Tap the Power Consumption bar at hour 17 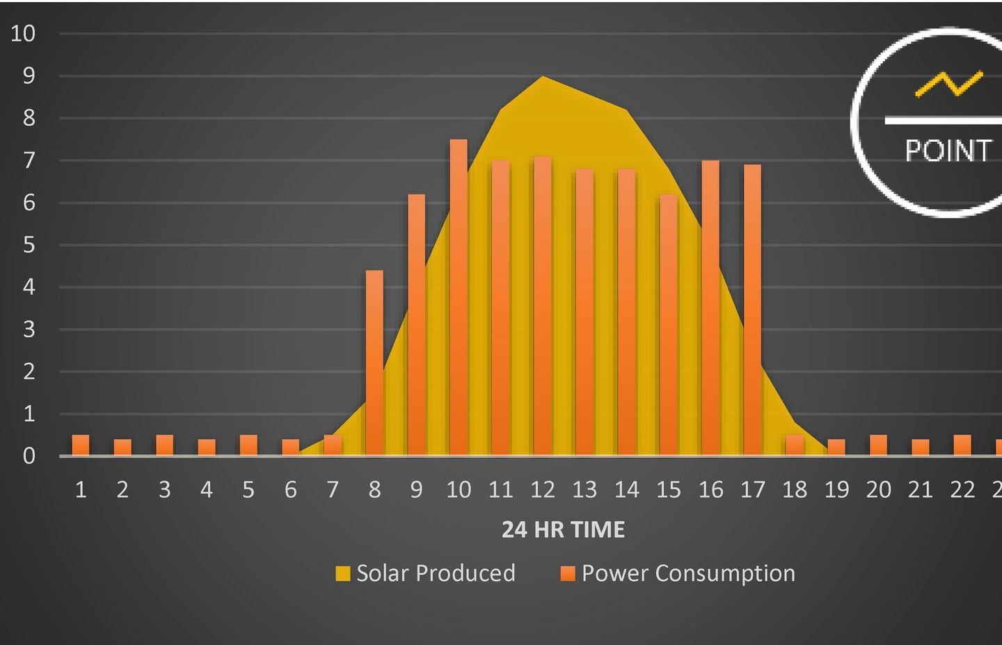pyautogui.click(x=752, y=310)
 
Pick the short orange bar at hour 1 pyautogui.click(x=81, y=445)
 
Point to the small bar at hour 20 pyautogui.click(x=878, y=445)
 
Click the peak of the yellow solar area pyautogui.click(x=543, y=78)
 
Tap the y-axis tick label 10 pyautogui.click(x=23, y=33)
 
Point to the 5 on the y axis pyautogui.click(x=29, y=245)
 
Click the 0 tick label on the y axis pyautogui.click(x=29, y=456)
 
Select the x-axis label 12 pyautogui.click(x=543, y=490)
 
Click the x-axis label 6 pyautogui.click(x=291, y=490)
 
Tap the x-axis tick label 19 pyautogui.click(x=836, y=490)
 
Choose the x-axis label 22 pyautogui.click(x=962, y=490)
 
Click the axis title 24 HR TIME pyautogui.click(x=563, y=530)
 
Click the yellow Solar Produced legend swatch pyautogui.click(x=342, y=573)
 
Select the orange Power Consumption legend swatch pyautogui.click(x=568, y=573)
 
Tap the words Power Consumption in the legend pyautogui.click(x=688, y=573)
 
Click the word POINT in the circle pyautogui.click(x=948, y=151)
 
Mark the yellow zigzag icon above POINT pyautogui.click(x=949, y=83)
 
